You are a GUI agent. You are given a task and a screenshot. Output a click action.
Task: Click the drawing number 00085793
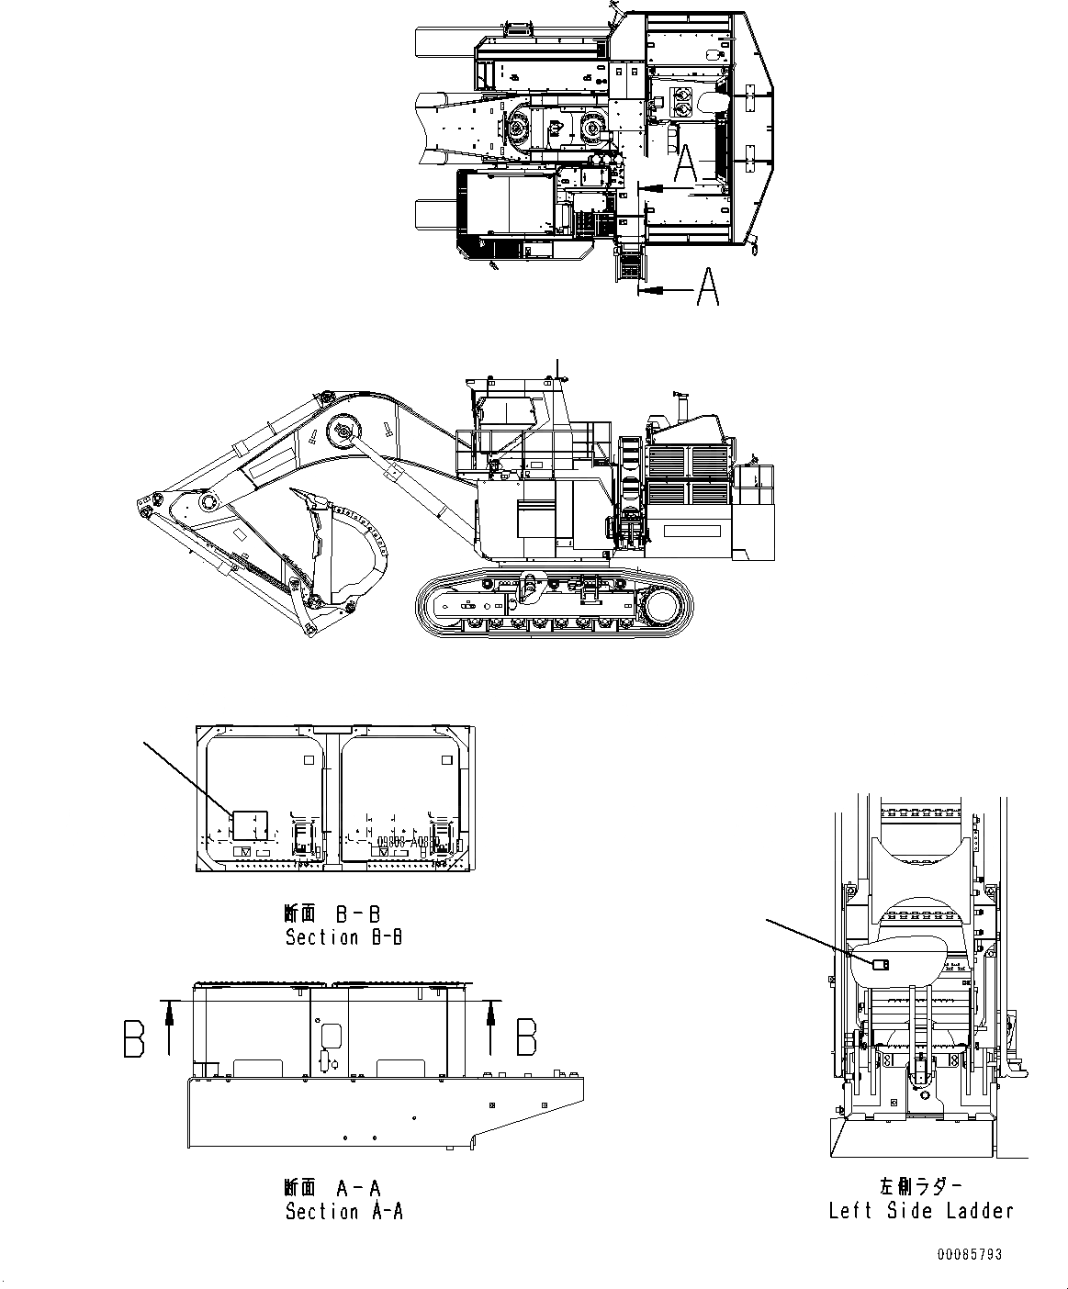point(970,1254)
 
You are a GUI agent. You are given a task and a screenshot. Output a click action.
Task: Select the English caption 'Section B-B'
point(343,937)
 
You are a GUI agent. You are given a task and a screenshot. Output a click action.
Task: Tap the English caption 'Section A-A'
point(343,1212)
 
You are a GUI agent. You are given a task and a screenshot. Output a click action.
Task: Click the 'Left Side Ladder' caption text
point(921,1211)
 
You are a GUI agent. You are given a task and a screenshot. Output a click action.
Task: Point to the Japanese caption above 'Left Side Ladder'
point(921,1186)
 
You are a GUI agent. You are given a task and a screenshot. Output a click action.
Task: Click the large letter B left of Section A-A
point(134,1039)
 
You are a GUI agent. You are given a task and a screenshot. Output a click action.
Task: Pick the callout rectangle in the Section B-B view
point(249,825)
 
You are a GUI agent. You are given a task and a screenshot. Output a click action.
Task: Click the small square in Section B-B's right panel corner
point(447,759)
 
